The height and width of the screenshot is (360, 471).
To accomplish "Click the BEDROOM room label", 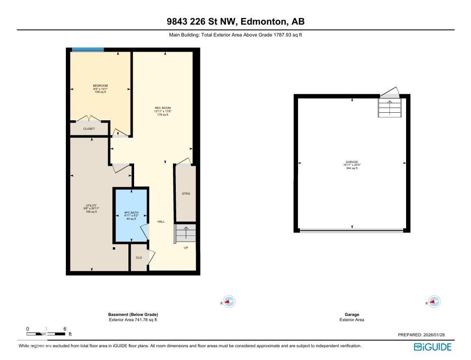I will click(100, 86).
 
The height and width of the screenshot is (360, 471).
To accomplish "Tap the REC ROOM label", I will click(163, 108).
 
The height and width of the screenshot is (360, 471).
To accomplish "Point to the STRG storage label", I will click(186, 194).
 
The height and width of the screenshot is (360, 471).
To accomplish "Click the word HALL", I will click(161, 222).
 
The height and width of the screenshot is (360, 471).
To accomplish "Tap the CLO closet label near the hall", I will click(139, 258).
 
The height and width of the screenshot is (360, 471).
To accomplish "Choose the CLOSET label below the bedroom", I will click(89, 129).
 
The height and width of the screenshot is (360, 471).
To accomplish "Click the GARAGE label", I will click(352, 162).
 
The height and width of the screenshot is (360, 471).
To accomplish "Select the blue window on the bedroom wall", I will click(88, 49).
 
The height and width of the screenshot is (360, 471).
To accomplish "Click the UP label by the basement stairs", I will click(186, 248).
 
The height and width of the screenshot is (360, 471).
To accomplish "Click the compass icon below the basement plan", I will click(229, 302).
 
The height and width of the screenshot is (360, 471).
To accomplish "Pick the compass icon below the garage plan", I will click(434, 302).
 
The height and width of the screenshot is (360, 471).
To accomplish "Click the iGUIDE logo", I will click(432, 347).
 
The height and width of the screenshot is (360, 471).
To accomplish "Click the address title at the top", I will click(235, 21).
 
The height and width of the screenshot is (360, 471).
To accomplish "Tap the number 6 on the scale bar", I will click(64, 329).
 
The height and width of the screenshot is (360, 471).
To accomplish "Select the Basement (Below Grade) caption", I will click(133, 315).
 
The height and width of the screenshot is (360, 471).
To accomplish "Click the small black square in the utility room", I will click(114, 248).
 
